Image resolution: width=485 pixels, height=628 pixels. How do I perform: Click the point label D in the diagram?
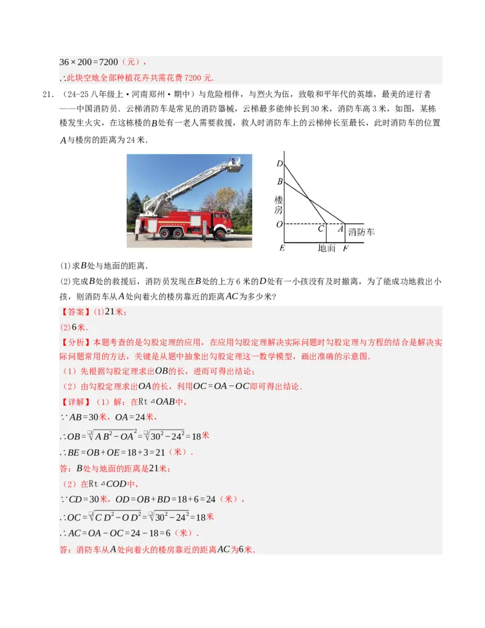pyautogui.click(x=279, y=164)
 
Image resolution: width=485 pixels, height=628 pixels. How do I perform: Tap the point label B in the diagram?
pyautogui.click(x=279, y=181)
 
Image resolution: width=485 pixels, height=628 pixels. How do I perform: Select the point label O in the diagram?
pyautogui.click(x=279, y=225)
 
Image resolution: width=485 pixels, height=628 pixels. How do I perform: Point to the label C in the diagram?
pyautogui.click(x=321, y=229)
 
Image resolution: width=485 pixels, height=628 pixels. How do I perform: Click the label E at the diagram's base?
pyautogui.click(x=281, y=249)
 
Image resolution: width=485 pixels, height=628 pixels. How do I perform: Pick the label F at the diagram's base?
pyautogui.click(x=345, y=249)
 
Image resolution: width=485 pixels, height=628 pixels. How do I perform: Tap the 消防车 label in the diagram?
pyautogui.click(x=361, y=232)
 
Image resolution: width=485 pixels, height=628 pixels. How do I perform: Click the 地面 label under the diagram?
pyautogui.click(x=326, y=248)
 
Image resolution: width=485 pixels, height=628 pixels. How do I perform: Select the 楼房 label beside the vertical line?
pyautogui.click(x=278, y=204)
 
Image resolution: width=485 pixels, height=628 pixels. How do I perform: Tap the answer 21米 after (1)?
pyautogui.click(x=115, y=312)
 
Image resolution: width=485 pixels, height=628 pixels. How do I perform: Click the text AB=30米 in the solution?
pyautogui.click(x=89, y=417)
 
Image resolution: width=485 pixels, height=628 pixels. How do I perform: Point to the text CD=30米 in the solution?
pyautogui.click(x=89, y=499)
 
